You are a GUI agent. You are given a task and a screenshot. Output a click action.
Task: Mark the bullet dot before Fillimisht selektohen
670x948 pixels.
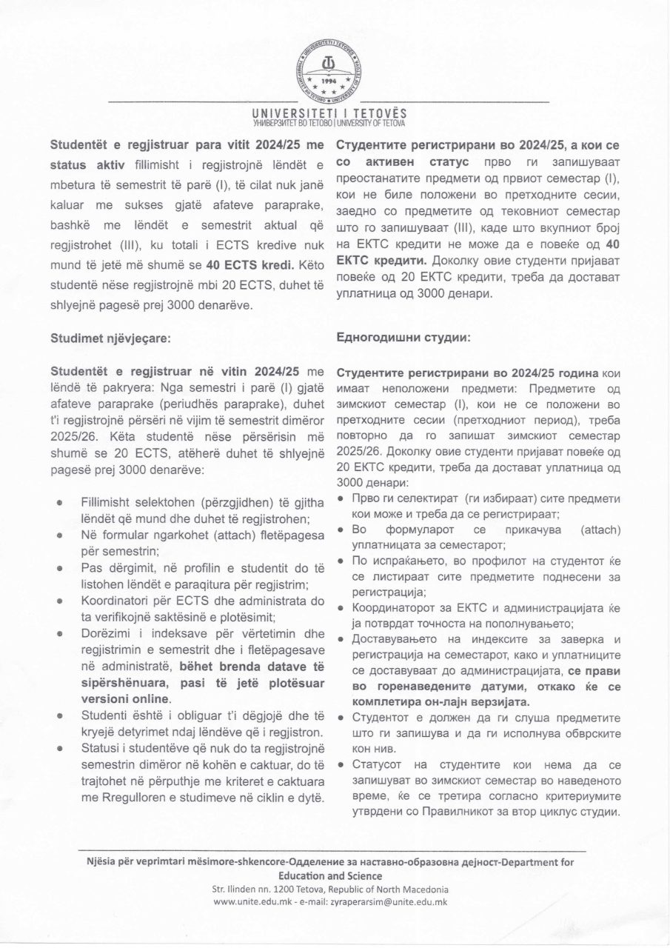click(58, 503)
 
